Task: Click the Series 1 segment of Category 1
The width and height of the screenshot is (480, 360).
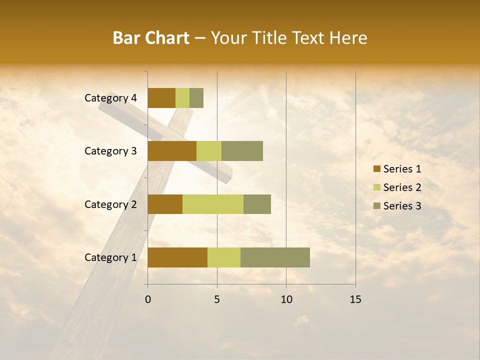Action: coord(177,257)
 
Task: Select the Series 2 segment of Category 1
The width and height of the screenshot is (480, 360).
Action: coord(224,257)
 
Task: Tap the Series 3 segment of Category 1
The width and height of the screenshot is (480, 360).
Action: coord(275,257)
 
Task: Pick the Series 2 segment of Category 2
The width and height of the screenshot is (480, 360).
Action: coord(213,204)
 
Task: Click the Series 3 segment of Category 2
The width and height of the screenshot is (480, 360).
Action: coord(257,204)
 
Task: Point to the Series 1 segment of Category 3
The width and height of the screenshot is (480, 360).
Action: coord(172,151)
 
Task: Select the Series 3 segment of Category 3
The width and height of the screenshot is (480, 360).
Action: coord(242,151)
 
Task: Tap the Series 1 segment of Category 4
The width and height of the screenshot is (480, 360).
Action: coord(161,98)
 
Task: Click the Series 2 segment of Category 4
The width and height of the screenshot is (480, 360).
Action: coord(182,98)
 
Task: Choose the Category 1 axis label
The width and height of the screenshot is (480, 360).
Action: coord(110,257)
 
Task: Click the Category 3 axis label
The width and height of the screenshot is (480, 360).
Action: coord(110,151)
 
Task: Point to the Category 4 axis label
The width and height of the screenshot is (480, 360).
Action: coord(110,98)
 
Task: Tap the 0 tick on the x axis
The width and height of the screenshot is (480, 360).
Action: coord(148,299)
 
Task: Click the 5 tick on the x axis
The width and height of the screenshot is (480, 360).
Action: coord(217,299)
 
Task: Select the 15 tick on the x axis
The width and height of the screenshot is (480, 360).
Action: coord(355,299)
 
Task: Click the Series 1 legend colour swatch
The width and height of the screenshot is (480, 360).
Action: coord(376,169)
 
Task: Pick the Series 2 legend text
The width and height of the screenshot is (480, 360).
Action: coord(402,187)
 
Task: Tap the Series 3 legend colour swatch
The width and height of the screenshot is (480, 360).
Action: coord(376,206)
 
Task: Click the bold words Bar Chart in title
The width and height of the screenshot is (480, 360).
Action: coord(151,38)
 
